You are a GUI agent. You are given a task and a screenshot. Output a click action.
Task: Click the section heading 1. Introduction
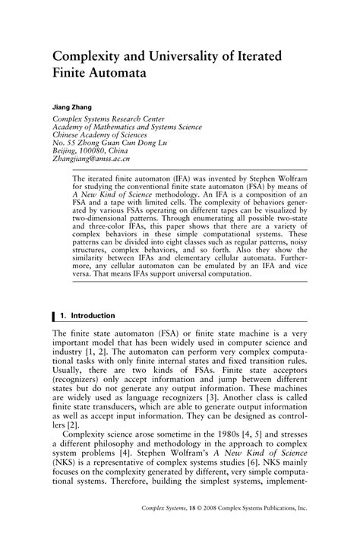coord(87,315)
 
